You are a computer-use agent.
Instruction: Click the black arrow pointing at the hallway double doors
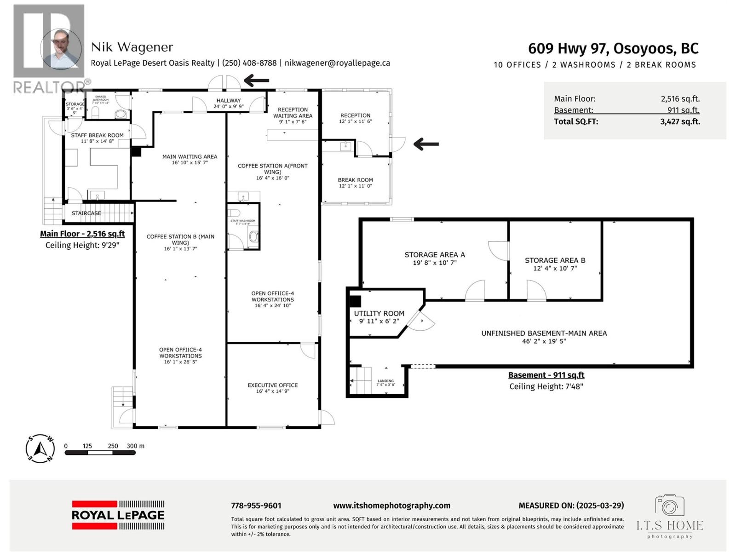(256, 81)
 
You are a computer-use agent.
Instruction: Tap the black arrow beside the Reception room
(426, 144)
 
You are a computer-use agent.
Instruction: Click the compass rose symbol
(40, 448)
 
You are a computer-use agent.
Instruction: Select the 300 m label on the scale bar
(135, 446)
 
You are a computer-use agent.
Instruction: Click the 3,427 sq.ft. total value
(680, 122)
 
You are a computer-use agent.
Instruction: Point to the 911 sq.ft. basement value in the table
(683, 110)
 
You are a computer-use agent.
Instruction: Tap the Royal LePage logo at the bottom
(118, 515)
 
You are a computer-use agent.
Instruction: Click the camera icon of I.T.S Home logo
(670, 505)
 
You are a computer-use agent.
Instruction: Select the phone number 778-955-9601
(256, 506)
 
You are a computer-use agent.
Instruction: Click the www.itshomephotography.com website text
(391, 506)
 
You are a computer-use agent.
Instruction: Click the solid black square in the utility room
(355, 301)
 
